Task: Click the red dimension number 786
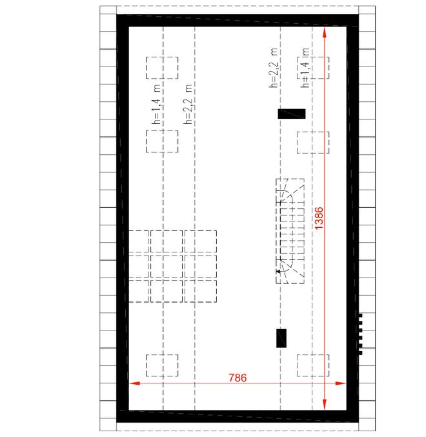click(238, 378)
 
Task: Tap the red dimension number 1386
click(319, 218)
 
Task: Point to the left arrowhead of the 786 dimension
click(134, 383)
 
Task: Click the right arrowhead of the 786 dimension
click(340, 383)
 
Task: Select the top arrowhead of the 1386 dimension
click(324, 32)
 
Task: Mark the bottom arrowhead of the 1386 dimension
click(324, 404)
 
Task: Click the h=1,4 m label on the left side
click(156, 104)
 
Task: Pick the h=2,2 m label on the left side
click(188, 104)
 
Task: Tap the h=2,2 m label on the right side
click(273, 68)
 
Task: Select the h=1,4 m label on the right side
click(305, 68)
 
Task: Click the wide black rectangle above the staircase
click(292, 114)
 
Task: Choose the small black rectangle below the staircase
click(281, 338)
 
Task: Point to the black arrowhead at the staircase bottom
click(278, 271)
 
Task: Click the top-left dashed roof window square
click(162, 68)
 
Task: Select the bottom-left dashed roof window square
click(162, 365)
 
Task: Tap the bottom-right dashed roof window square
click(313, 365)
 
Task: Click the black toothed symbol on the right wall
click(360, 334)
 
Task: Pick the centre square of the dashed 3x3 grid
click(167, 266)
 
